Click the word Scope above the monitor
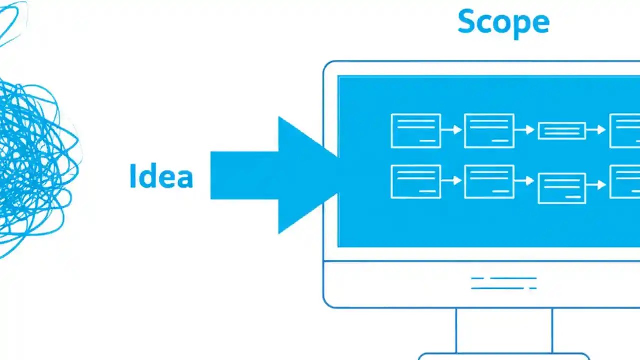[503, 22]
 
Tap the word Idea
[161, 176]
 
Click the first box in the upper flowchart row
[416, 131]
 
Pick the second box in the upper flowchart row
[489, 131]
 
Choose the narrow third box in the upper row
[562, 131]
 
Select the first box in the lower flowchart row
[416, 181]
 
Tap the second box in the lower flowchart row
[489, 181]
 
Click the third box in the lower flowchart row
[562, 188]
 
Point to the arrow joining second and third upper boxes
[526, 130]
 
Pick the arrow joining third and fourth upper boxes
[597, 130]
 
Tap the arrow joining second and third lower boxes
[526, 181]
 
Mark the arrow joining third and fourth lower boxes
[597, 185]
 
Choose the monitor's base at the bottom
[504, 356]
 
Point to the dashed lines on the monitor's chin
[504, 283]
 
